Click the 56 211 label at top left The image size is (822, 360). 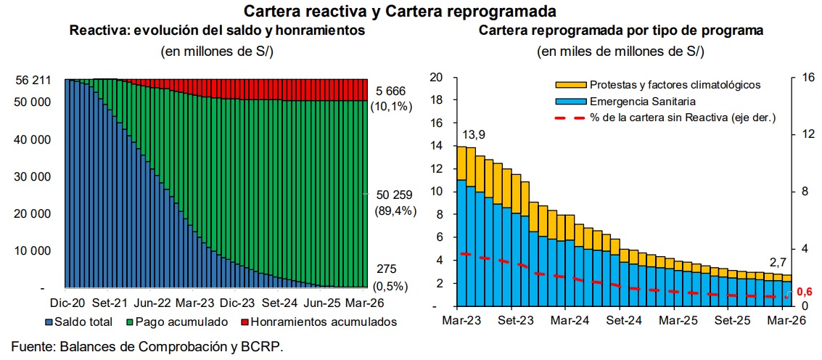[33, 81]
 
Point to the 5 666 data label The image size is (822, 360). [391, 91]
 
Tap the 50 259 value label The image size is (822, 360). [394, 195]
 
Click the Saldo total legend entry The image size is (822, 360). [79, 321]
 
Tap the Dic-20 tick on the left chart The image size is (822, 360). [65, 303]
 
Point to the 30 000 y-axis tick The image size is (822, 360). [33, 177]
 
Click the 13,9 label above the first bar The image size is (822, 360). [473, 136]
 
